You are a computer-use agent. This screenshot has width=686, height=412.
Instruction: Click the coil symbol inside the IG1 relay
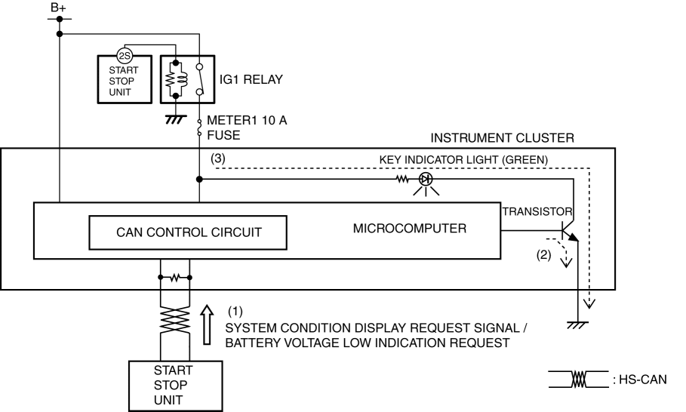[x=177, y=78]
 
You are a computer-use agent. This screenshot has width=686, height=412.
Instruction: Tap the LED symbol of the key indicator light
[x=426, y=180]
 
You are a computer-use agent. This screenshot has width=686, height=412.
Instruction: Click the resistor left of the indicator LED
[x=402, y=180]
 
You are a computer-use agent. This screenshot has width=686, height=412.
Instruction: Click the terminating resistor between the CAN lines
[x=174, y=277]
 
